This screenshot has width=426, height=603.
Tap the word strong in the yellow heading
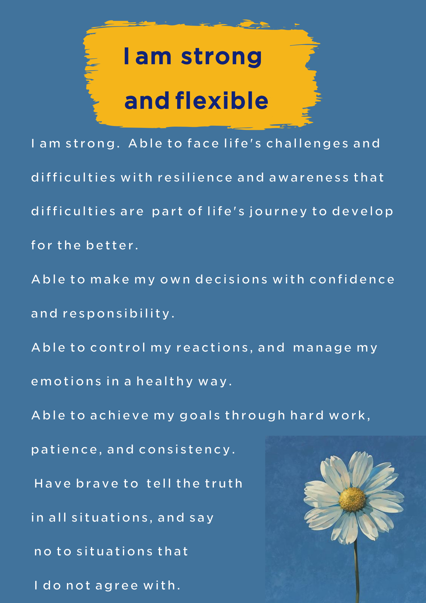221,57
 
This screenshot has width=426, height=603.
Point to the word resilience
195,177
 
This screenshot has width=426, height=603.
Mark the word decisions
231,279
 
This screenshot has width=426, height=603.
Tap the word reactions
213,348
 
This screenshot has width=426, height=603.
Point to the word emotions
66,381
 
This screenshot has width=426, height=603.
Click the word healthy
165,382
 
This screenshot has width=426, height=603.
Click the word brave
97,484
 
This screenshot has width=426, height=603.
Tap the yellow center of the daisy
352,500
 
